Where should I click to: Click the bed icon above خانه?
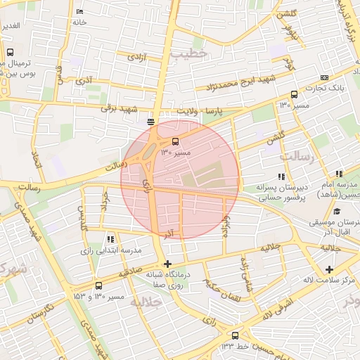click(x=79, y=12)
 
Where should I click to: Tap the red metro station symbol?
click(x=151, y=122)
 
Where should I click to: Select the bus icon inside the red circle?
click(x=175, y=139)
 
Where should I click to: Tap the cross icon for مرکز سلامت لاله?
click(x=329, y=269)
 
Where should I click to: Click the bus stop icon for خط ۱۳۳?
click(x=235, y=335)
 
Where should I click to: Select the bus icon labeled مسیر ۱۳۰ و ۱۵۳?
click(x=98, y=286)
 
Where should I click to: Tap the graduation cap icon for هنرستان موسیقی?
click(x=337, y=212)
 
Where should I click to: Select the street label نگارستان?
click(x=41, y=311)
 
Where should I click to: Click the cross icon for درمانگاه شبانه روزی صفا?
click(x=167, y=264)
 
